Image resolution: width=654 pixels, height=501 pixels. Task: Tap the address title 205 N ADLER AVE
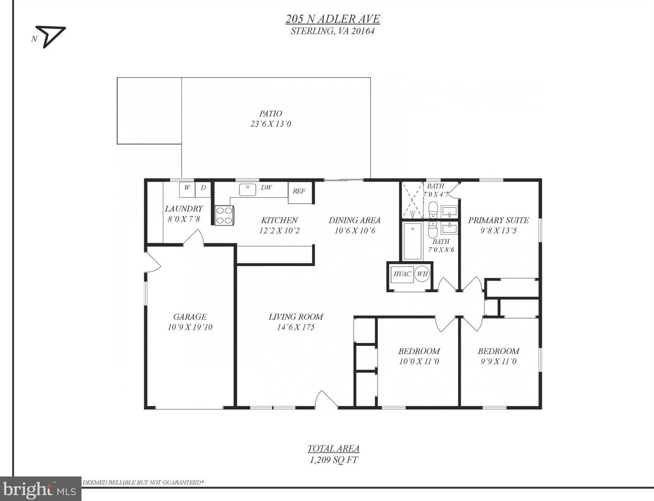pyautogui.click(x=333, y=19)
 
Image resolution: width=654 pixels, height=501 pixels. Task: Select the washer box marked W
pyautogui.click(x=187, y=189)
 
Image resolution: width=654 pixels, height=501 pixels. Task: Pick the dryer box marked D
pyautogui.click(x=203, y=189)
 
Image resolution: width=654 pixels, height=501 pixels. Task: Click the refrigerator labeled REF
pyautogui.click(x=300, y=193)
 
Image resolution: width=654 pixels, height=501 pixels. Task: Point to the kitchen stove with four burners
pyautogui.click(x=225, y=216)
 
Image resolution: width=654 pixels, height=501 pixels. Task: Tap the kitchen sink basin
pyautogui.click(x=247, y=190)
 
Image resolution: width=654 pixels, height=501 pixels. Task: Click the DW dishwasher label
pyautogui.click(x=266, y=188)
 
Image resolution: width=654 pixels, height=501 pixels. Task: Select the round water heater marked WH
pyautogui.click(x=422, y=274)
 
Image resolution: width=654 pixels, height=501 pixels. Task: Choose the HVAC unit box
pyautogui.click(x=402, y=274)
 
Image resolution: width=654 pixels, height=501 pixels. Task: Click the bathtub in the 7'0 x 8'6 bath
pyautogui.click(x=412, y=241)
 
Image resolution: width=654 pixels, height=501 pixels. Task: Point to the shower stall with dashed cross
pyautogui.click(x=412, y=200)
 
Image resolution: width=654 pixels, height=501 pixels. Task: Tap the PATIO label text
pyautogui.click(x=270, y=114)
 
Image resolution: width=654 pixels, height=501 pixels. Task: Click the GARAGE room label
pyautogui.click(x=190, y=317)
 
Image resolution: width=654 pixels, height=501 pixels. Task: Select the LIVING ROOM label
pyautogui.click(x=296, y=317)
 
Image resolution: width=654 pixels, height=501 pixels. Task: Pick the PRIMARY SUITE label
pyautogui.click(x=498, y=220)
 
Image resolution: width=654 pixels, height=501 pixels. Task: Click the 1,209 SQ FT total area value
pyautogui.click(x=334, y=460)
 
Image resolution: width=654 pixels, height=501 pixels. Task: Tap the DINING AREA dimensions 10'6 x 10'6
pyautogui.click(x=355, y=231)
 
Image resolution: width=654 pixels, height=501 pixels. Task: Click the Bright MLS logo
pyautogui.click(x=40, y=489)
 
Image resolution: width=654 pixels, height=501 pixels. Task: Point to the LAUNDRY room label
pyautogui.click(x=183, y=209)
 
